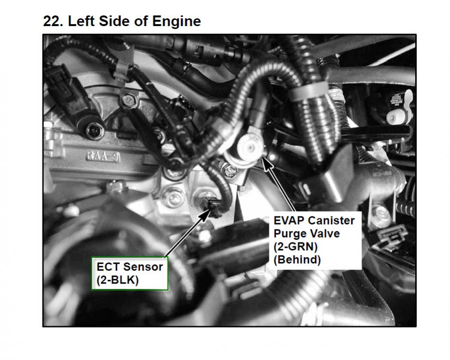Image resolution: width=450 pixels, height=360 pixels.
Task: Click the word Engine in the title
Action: tap(177, 22)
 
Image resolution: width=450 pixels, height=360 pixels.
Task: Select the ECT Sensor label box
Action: tap(130, 273)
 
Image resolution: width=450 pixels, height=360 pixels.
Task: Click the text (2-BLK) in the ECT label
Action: tap(118, 280)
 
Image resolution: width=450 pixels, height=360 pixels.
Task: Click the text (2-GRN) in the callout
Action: tap(295, 246)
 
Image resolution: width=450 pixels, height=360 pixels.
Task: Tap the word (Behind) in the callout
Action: tap(297, 259)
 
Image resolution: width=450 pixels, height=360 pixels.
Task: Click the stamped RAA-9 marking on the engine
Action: tap(103, 157)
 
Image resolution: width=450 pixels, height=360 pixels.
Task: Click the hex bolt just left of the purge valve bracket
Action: tap(230, 171)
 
